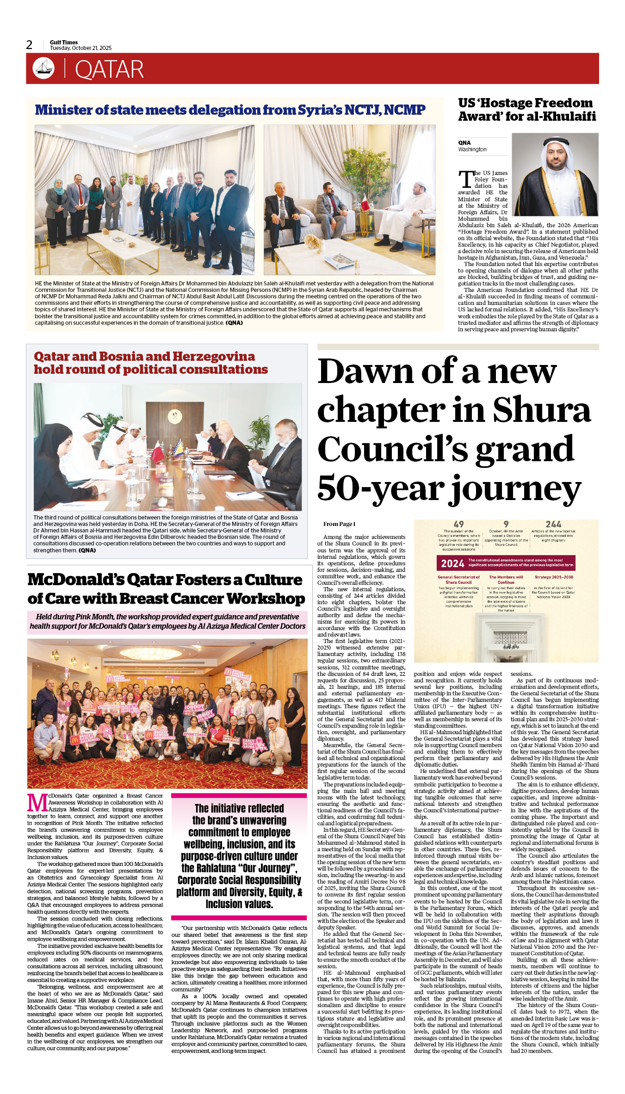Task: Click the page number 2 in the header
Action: click(30, 45)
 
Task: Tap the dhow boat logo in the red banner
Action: click(43, 68)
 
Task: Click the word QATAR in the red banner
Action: click(109, 70)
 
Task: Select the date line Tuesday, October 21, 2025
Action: click(81, 48)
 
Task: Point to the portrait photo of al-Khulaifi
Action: click(555, 174)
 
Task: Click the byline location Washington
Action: click(472, 149)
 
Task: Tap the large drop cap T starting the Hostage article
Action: click(466, 179)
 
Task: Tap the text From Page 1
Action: click(339, 524)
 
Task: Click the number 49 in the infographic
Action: click(458, 524)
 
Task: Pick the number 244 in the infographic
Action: click(553, 524)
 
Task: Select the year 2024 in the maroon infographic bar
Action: click(452, 563)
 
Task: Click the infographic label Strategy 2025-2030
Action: click(554, 577)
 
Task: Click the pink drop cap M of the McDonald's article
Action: click(37, 803)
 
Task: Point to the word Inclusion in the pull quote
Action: click(239, 904)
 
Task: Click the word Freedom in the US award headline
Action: click(560, 103)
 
